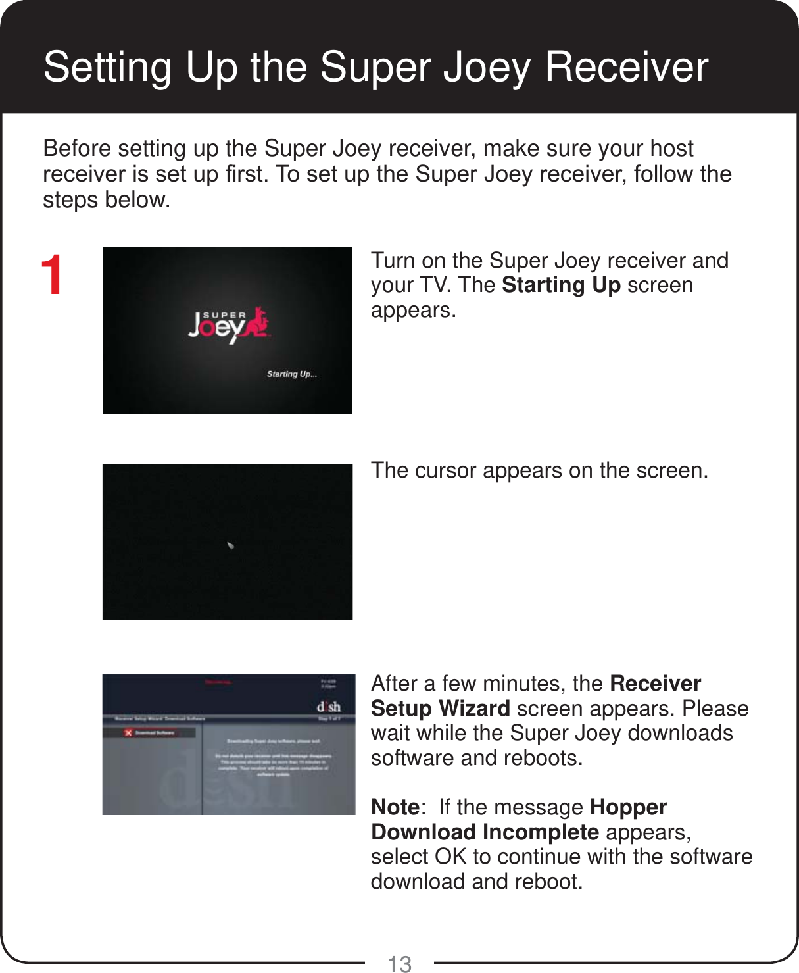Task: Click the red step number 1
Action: pos(52,276)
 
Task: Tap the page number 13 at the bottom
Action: pos(399,964)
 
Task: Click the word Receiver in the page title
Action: pos(626,67)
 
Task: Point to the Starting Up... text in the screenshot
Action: pos(291,374)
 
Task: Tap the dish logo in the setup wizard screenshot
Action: pos(329,707)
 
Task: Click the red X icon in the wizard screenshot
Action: pos(128,733)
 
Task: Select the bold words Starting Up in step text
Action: pos(561,286)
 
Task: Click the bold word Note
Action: pos(395,807)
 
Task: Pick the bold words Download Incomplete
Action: pos(485,832)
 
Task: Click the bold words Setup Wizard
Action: pos(440,709)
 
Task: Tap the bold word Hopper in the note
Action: pos(628,807)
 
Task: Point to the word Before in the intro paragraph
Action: pos(78,149)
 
